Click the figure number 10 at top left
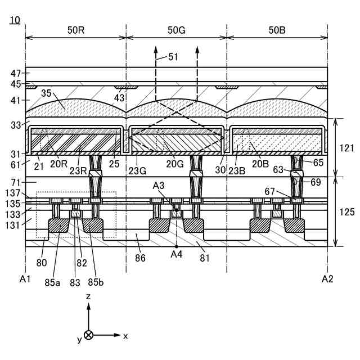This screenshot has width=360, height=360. (15, 21)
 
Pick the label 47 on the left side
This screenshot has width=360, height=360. (16, 73)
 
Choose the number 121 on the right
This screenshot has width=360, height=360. (348, 148)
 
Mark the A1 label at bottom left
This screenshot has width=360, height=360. (25, 278)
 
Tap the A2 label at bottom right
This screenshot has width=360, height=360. (327, 278)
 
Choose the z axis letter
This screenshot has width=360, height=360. (88, 295)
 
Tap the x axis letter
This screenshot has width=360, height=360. (125, 336)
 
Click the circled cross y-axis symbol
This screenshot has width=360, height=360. (88, 336)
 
